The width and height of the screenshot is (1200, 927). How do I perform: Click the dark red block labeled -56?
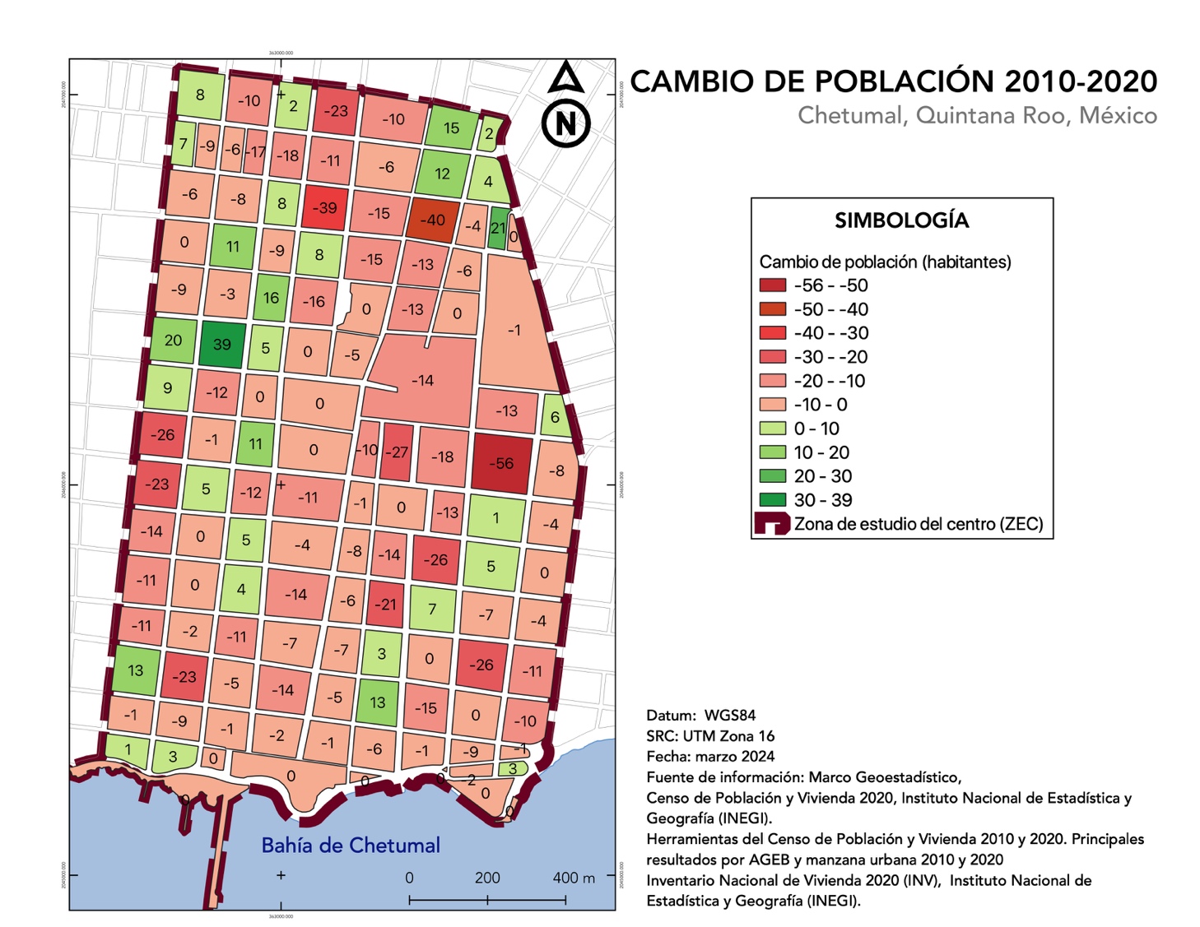click(x=501, y=463)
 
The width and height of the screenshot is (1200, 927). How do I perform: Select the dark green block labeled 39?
click(x=222, y=344)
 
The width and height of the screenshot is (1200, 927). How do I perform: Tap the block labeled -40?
click(x=432, y=220)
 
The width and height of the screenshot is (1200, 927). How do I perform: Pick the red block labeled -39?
click(x=324, y=207)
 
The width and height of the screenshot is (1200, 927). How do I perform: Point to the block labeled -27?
click(x=397, y=452)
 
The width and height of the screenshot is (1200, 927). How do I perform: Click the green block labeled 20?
click(x=173, y=340)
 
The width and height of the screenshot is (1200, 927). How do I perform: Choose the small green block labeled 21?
click(x=498, y=228)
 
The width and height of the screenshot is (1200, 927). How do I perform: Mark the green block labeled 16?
click(x=271, y=298)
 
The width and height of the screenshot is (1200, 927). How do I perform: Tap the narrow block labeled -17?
click(x=257, y=151)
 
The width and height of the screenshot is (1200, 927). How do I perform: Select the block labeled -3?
click(x=226, y=294)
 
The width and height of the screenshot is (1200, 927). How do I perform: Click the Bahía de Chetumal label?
click(x=351, y=845)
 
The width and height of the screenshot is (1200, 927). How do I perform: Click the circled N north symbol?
click(x=566, y=123)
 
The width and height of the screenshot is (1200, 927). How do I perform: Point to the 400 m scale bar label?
click(x=573, y=878)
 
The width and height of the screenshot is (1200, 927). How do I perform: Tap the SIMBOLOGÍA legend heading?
click(x=901, y=220)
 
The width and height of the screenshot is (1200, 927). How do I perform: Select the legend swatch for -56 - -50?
click(x=772, y=285)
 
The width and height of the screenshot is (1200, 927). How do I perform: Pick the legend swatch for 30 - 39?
click(x=772, y=499)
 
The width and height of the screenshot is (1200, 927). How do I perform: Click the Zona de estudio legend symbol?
click(x=772, y=524)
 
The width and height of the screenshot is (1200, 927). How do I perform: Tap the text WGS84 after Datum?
click(x=729, y=715)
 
